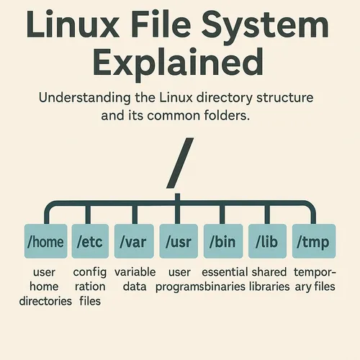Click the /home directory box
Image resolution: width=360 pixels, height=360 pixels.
45,241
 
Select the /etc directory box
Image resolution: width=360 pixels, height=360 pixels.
90,241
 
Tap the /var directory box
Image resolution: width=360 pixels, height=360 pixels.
134,241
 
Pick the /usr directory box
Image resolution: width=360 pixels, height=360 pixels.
179,241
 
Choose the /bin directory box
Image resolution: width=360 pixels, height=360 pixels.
223,241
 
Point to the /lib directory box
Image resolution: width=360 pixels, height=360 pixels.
267,241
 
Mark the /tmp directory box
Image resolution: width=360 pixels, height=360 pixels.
314,241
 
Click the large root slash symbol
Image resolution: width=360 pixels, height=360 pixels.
180,163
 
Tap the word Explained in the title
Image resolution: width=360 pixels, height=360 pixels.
178,63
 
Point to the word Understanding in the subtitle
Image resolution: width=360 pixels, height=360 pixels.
85,98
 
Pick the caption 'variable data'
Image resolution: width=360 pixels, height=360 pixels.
135,279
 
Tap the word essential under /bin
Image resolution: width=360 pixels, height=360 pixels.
225,272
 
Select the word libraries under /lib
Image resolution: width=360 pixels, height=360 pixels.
269,287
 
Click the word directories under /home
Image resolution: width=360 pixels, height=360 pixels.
45,301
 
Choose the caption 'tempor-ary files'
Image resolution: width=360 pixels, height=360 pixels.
315,280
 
